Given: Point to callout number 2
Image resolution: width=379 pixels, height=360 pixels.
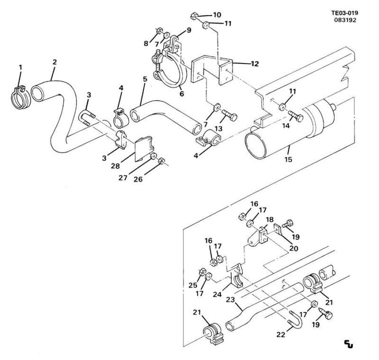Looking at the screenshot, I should point(54,62).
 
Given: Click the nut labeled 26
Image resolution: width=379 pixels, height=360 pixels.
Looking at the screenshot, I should point(162,161).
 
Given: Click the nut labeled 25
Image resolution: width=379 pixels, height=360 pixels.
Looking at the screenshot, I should point(201,272).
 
